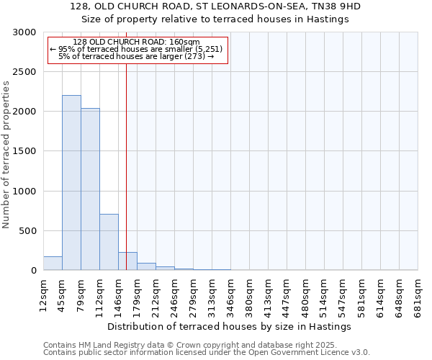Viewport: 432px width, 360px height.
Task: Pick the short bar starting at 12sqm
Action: point(53,264)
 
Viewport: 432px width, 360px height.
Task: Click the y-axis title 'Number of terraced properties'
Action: point(6,154)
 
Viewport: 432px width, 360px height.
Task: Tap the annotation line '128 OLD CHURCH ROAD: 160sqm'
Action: point(137,42)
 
